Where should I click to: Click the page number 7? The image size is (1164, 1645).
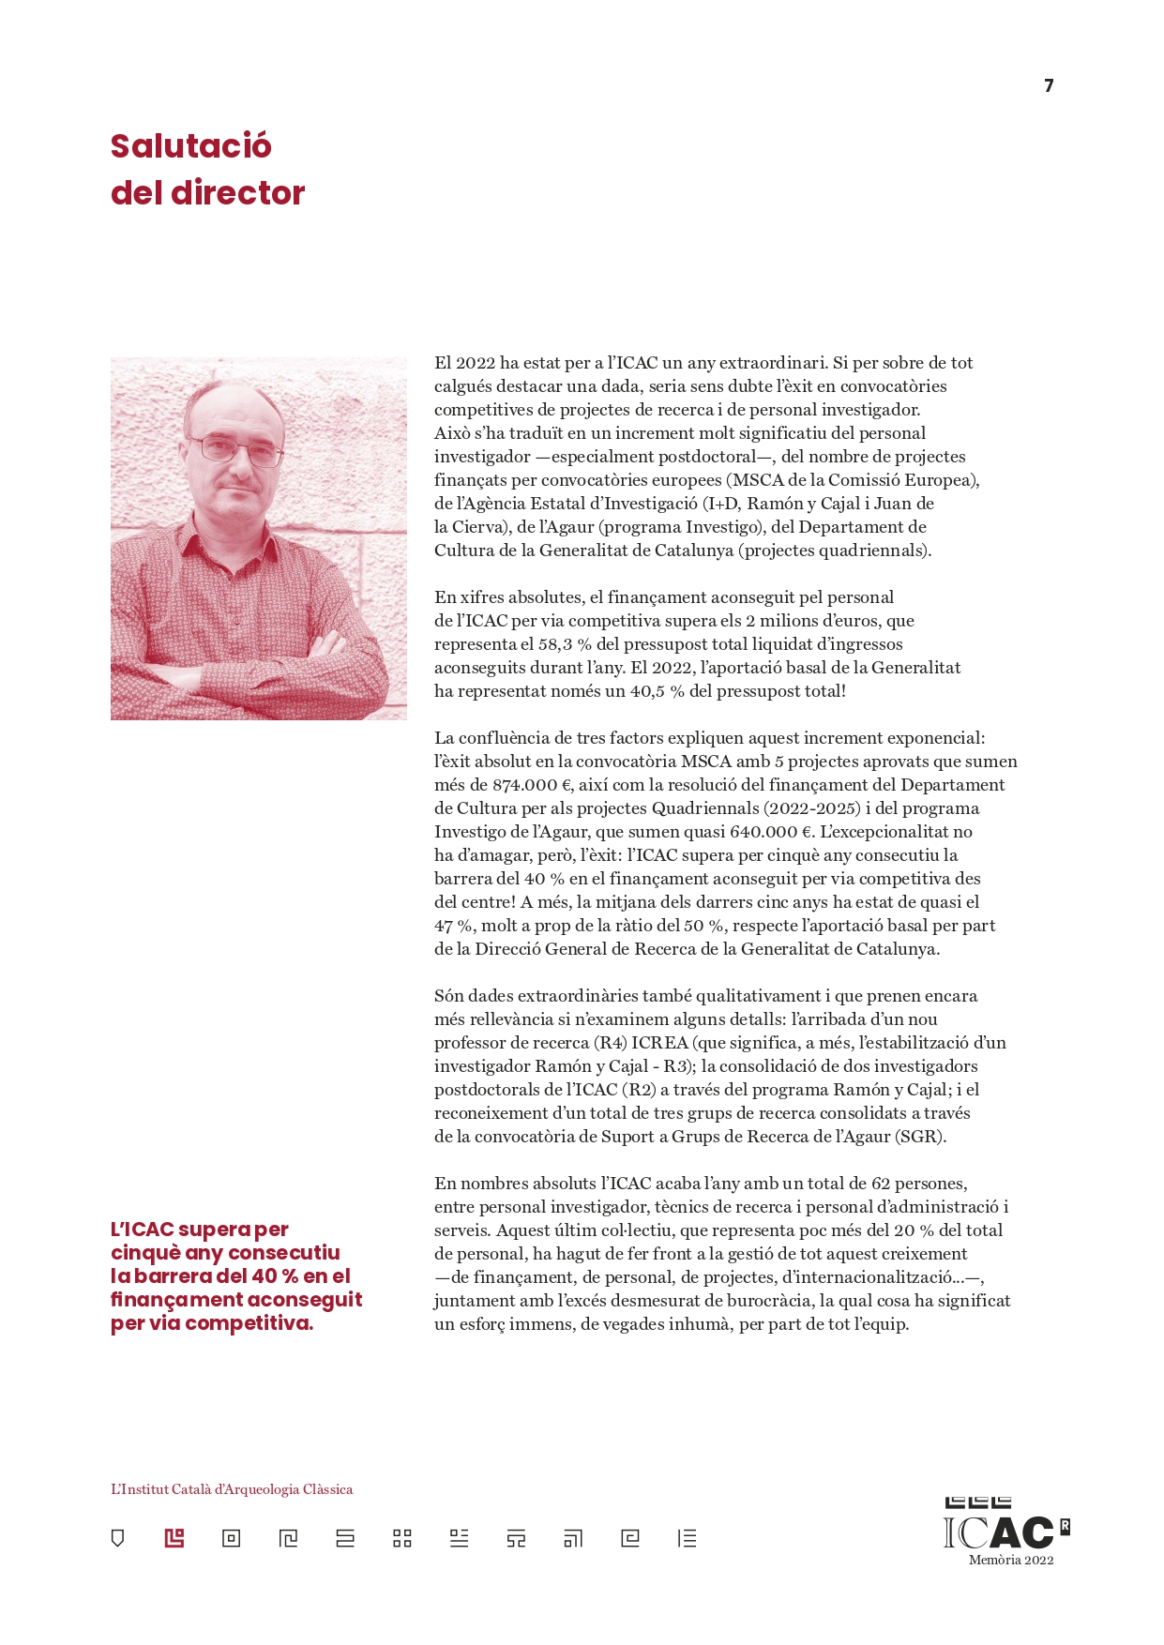point(1049,86)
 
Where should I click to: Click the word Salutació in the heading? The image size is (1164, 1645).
point(191,146)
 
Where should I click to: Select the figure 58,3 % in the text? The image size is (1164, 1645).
point(554,644)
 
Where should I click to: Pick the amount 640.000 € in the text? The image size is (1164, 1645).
point(772,832)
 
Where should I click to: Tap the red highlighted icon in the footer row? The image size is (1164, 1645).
point(174,1538)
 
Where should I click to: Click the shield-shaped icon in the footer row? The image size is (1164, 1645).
point(117,1538)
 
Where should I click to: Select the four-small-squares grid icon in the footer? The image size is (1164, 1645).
point(402,1538)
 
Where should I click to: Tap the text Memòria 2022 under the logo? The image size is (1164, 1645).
point(1011,1561)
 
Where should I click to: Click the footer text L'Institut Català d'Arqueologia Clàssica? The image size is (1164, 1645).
point(232,1489)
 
